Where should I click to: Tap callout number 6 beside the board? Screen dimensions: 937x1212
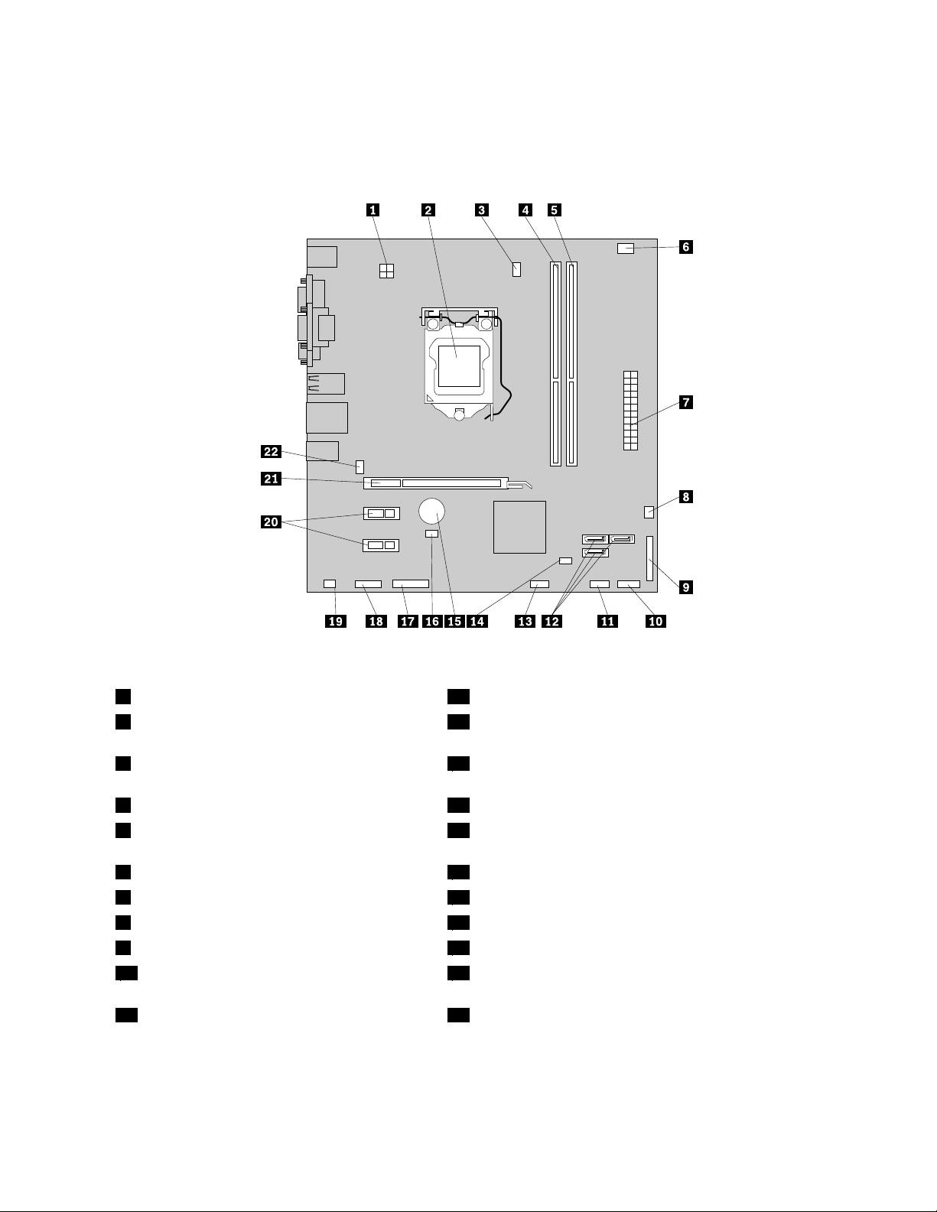(x=685, y=247)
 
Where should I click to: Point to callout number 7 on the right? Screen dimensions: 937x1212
(x=685, y=401)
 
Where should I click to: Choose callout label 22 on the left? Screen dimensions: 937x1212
(x=272, y=451)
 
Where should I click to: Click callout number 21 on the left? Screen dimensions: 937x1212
(x=272, y=479)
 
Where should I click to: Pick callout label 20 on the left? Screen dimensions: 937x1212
(x=272, y=522)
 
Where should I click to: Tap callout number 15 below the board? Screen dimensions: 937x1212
(x=454, y=621)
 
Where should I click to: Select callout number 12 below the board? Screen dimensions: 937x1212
(x=551, y=621)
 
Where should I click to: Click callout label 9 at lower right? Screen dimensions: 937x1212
(x=685, y=587)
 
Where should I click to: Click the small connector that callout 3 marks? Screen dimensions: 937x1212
(x=517, y=269)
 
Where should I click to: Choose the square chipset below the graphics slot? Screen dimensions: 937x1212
(x=519, y=527)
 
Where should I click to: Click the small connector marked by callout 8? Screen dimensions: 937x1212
(x=649, y=510)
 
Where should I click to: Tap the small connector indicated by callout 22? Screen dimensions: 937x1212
(x=360, y=465)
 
